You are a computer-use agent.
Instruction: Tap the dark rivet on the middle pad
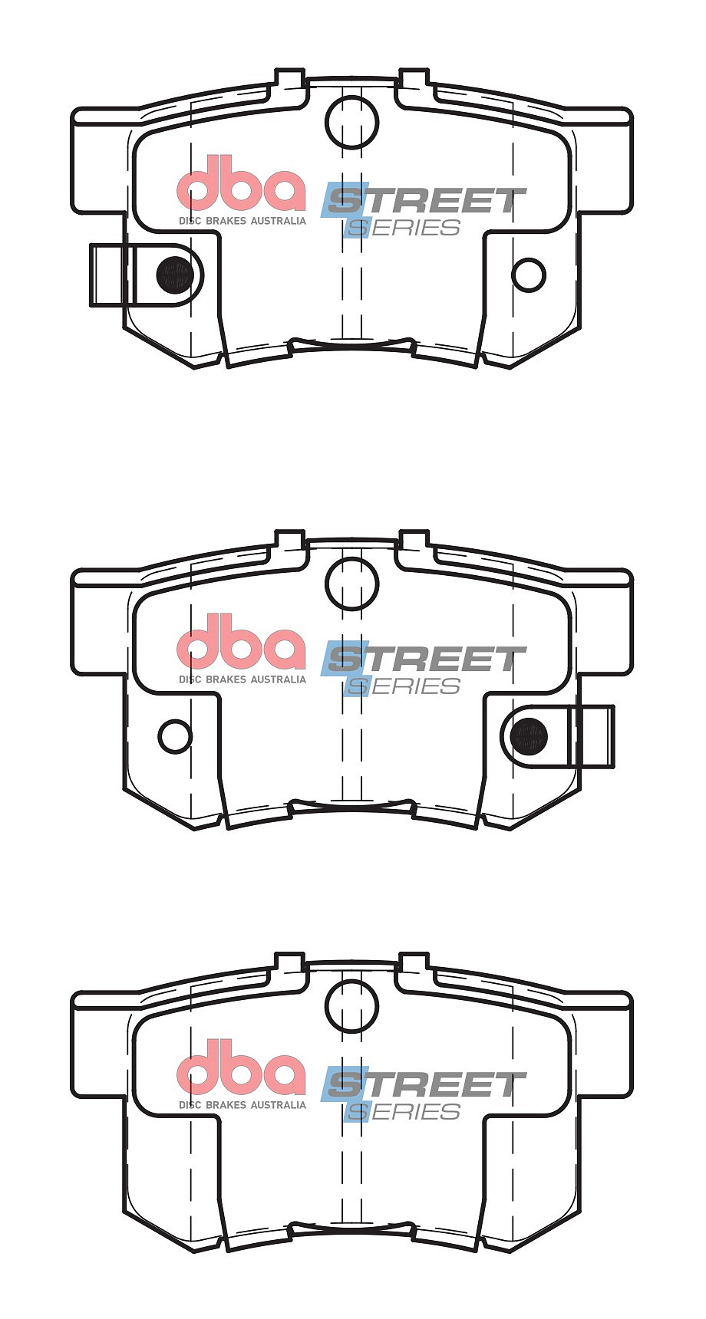point(529,736)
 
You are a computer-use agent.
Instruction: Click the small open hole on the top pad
point(529,275)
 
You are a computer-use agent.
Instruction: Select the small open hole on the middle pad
point(175,736)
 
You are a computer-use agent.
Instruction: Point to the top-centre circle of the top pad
point(352,121)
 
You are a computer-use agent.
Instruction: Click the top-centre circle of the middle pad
point(352,584)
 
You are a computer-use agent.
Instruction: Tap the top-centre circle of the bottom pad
point(352,1006)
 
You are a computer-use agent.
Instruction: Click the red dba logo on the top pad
point(241,184)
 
